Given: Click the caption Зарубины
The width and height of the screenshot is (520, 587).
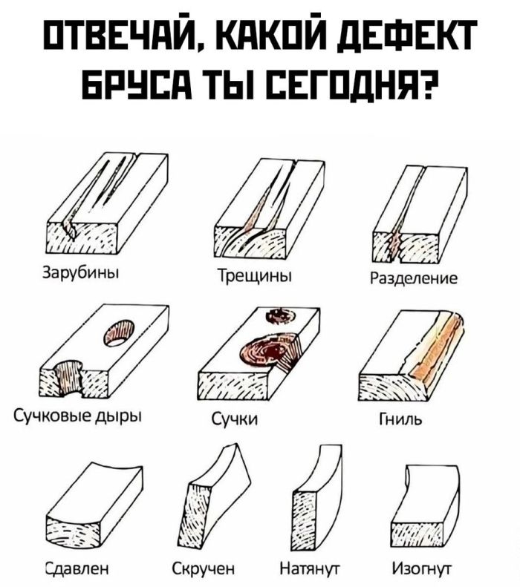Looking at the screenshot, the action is point(81,272).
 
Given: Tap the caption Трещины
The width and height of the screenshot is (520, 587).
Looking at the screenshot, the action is point(255,276).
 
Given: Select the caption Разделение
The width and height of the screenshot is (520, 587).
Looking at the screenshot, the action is point(414,278).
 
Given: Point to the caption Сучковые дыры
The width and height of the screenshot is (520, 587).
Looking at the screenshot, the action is point(78,416).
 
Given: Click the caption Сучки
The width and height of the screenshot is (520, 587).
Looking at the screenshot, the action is point(235,419).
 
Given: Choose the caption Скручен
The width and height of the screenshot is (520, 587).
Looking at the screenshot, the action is point(204,568).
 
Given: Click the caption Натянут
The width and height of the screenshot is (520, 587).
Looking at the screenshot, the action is point(311,569).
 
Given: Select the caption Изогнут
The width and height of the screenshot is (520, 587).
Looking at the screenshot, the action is point(421,568).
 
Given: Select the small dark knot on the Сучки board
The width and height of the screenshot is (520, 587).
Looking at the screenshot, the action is point(280,316).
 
